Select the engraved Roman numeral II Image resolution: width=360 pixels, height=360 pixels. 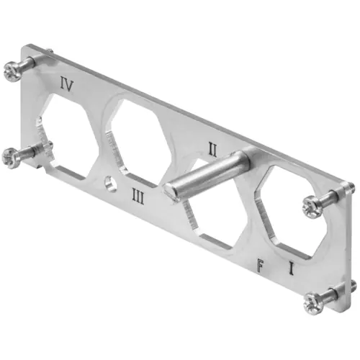pos(212,149)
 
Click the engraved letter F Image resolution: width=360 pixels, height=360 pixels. pos(261,266)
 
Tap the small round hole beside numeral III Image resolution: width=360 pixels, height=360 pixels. pos(111,184)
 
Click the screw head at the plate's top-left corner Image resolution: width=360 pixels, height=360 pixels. pos(12,71)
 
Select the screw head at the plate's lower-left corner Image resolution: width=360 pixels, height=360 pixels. pos(9,158)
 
